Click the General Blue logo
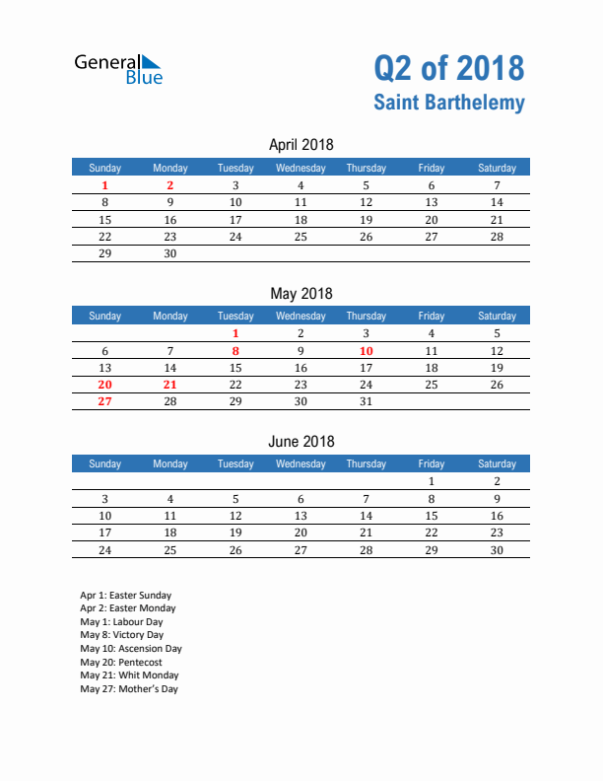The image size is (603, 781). (118, 68)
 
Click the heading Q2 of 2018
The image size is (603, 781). (448, 68)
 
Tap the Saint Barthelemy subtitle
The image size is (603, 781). (448, 103)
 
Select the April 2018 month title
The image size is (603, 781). (301, 145)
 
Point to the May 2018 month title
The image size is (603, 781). (301, 293)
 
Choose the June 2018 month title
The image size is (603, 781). (301, 441)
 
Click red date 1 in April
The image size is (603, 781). (105, 185)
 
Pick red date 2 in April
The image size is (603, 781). (170, 185)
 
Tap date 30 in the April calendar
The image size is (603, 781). (170, 253)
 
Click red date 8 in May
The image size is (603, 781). (235, 350)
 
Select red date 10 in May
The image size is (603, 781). (366, 350)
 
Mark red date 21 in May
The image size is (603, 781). (170, 385)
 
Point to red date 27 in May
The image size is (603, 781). (105, 401)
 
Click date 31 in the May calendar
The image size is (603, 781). (366, 401)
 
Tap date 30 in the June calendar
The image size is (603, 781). (497, 549)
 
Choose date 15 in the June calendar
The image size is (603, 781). (431, 516)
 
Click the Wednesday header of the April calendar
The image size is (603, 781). (301, 168)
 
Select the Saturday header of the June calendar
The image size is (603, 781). (497, 463)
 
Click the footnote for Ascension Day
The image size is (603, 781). (131, 649)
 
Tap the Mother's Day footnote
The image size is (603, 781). (129, 689)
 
